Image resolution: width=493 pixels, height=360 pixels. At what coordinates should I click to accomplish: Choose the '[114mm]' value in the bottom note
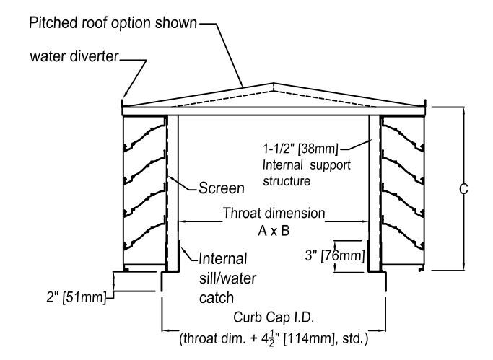tap(328, 335)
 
